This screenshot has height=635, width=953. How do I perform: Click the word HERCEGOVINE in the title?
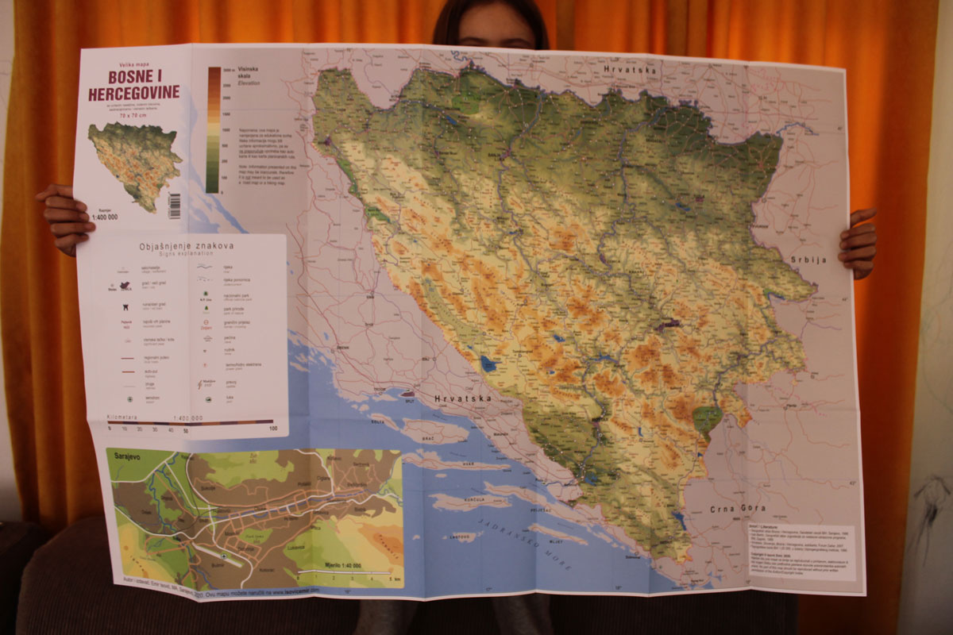pos(134,93)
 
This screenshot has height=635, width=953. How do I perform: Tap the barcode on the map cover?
pos(174,206)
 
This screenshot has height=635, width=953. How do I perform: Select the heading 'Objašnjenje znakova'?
pos(182,246)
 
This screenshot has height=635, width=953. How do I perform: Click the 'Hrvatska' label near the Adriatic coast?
pos(462,398)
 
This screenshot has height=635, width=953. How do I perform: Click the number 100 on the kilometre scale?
pos(272,429)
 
